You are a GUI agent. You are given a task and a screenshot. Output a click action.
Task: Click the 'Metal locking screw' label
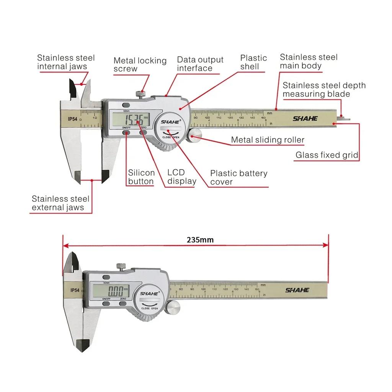(x=140, y=65)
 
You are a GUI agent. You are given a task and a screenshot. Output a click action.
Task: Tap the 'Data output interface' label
(x=200, y=64)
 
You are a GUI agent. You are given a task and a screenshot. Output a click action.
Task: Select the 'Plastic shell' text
(x=253, y=62)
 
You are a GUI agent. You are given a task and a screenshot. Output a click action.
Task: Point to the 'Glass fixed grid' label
(x=327, y=155)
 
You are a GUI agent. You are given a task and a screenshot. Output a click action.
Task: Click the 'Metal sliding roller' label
(x=268, y=140)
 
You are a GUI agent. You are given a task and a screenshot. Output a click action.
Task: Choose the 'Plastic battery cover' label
(x=238, y=178)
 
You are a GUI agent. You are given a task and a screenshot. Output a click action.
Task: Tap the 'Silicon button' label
(x=141, y=177)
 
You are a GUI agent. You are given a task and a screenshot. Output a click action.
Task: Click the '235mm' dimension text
(x=200, y=240)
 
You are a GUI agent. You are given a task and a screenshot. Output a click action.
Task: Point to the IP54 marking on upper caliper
(x=73, y=119)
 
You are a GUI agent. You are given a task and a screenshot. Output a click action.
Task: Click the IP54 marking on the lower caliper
(x=75, y=291)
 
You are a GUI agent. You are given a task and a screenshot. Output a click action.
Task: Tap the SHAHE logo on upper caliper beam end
(x=305, y=118)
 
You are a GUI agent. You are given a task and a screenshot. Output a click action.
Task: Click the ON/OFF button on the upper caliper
(x=126, y=132)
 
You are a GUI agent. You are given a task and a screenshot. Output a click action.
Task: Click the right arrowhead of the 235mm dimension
(x=326, y=245)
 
